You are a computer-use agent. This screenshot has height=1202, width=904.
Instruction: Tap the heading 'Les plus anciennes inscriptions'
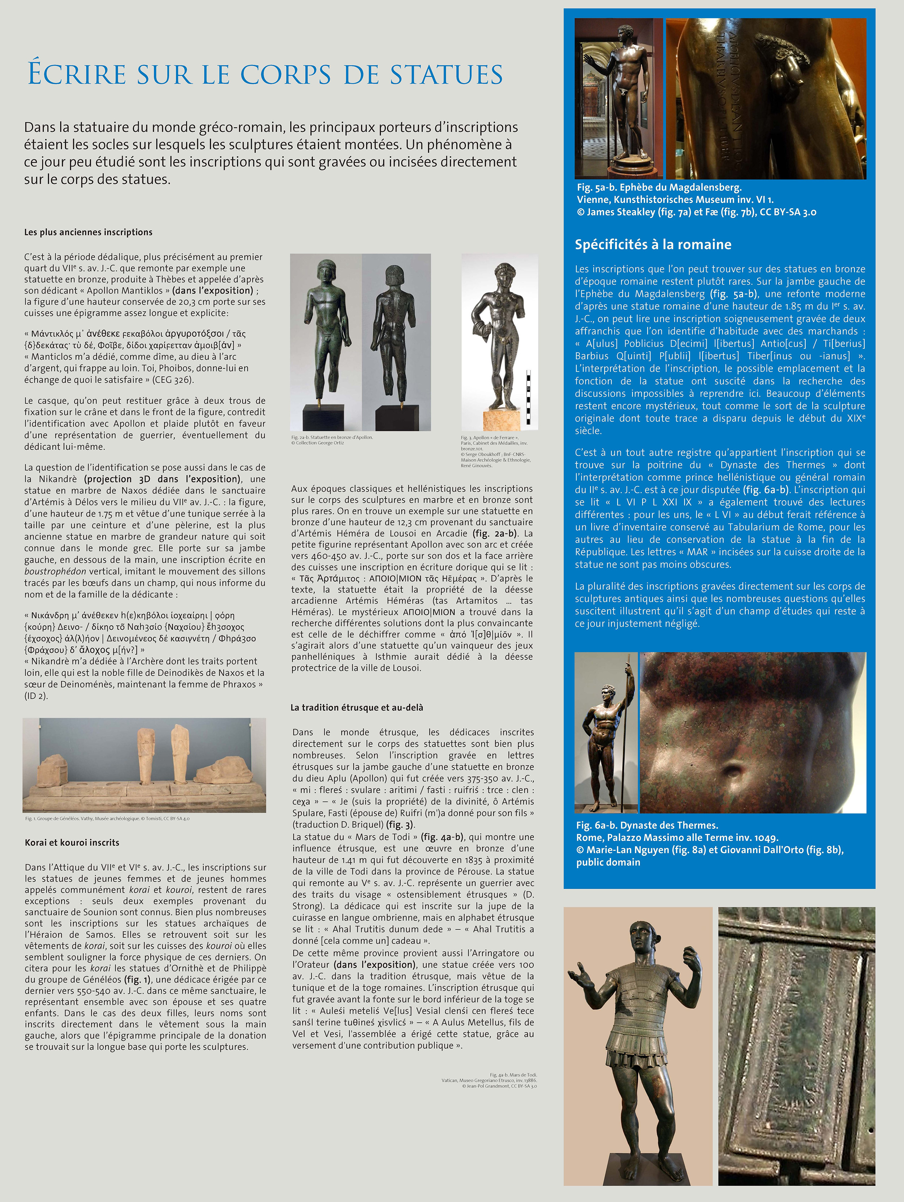coord(88,232)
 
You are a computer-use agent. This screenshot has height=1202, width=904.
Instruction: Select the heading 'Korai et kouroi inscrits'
coord(72,842)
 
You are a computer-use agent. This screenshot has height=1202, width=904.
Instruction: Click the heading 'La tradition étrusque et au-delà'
coord(357,708)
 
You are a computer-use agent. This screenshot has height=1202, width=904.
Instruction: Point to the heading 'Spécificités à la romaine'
coord(653,245)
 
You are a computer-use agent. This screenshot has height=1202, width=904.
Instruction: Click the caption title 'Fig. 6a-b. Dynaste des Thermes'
coord(647,825)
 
